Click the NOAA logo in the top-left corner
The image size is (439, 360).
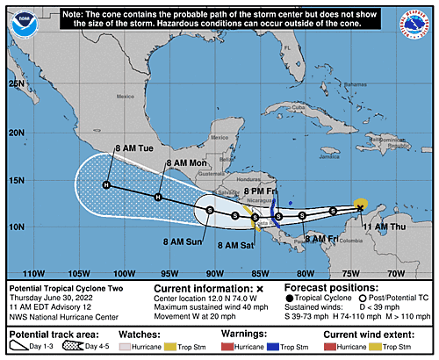click(x=19, y=18)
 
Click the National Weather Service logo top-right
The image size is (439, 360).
click(x=418, y=18)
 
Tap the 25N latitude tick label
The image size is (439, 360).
click(x=15, y=83)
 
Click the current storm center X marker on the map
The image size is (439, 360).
click(x=360, y=207)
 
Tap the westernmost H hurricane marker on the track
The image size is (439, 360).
click(x=106, y=185)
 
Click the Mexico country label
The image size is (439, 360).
click(x=128, y=97)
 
